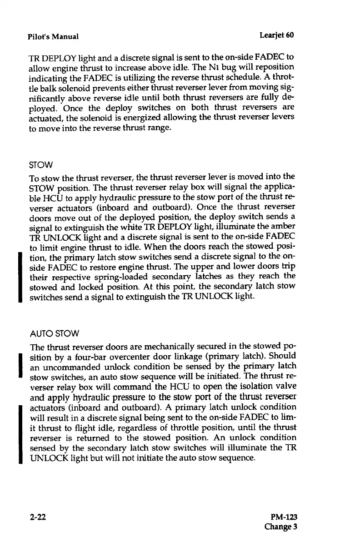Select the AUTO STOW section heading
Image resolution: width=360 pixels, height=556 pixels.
pyautogui.click(x=54, y=335)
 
